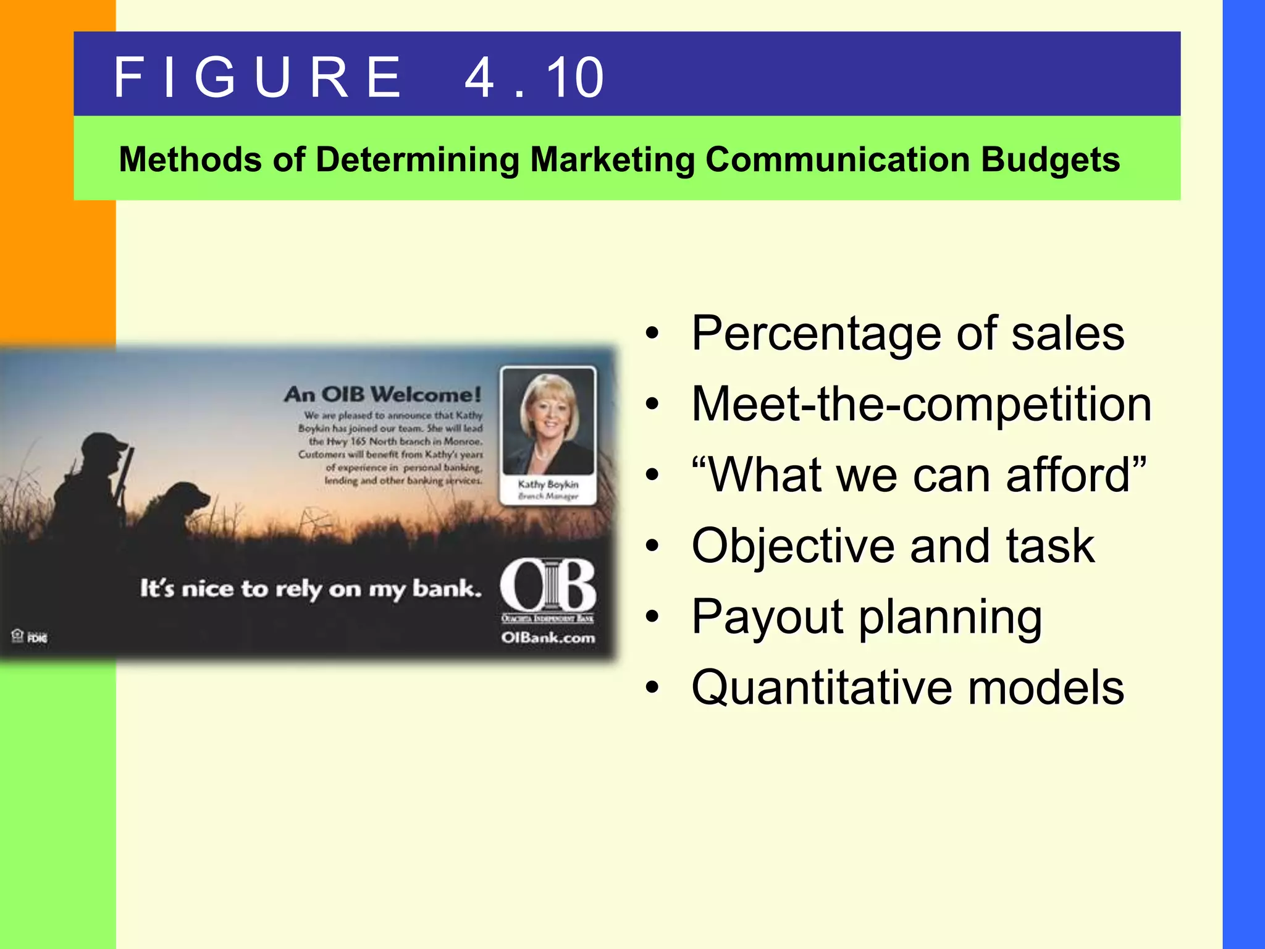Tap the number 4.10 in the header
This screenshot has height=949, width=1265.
pos(534,77)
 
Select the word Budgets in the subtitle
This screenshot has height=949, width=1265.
pos(1050,159)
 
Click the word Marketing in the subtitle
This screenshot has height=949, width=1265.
pos(612,159)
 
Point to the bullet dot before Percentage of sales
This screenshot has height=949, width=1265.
pos(652,334)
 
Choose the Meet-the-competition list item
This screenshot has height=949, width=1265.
pos(921,404)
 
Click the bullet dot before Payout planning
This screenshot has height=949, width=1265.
pos(652,617)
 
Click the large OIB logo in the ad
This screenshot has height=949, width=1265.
pos(548,584)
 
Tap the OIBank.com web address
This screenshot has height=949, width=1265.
pos(548,638)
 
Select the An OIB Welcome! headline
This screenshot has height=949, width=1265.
pos(382,394)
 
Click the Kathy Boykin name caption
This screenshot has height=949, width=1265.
pos(548,484)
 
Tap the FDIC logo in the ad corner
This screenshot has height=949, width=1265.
pos(37,638)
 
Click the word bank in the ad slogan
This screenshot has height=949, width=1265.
pos(446,588)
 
